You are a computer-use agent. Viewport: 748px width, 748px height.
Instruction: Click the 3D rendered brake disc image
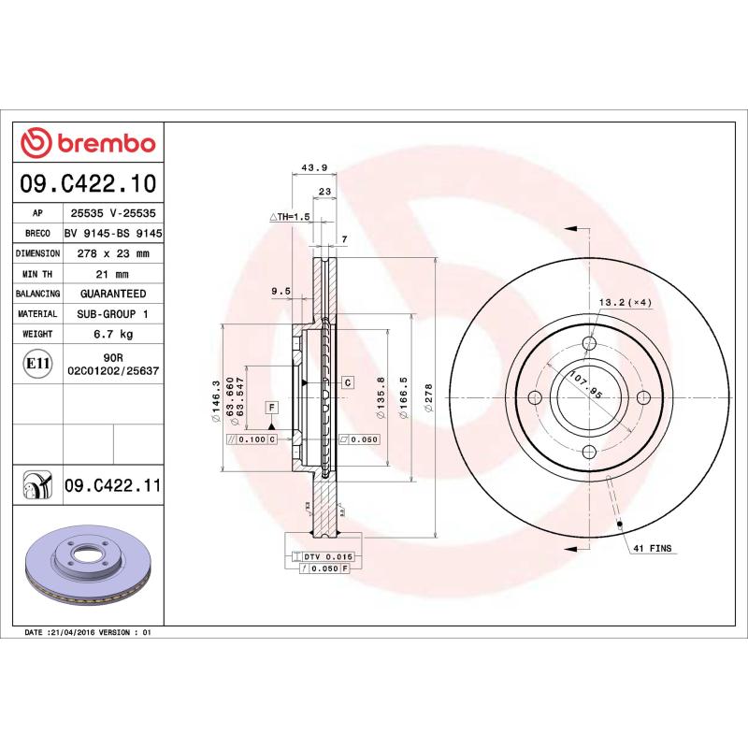(x=90, y=567)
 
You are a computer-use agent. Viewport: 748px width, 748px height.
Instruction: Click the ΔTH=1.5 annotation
(x=290, y=217)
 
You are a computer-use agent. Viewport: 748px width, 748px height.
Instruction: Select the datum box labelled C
(x=346, y=382)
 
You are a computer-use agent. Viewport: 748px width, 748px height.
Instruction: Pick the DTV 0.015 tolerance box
(x=320, y=556)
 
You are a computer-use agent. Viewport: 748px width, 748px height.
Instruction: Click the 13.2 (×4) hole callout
(x=625, y=302)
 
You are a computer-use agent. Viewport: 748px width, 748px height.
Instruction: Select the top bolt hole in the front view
(x=588, y=343)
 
